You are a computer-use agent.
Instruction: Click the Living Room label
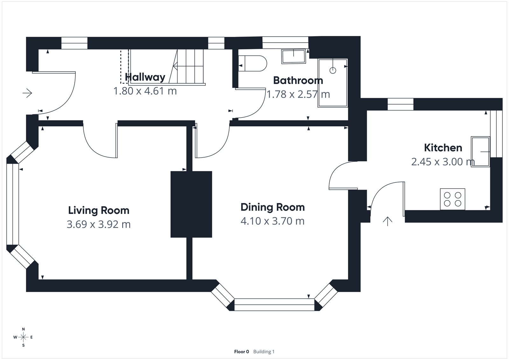(99, 210)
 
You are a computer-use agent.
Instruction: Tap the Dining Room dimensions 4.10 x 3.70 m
(273, 221)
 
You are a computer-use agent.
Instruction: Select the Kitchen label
(443, 148)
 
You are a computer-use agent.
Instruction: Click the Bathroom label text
(298, 81)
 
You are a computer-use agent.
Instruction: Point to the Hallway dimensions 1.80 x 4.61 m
(145, 91)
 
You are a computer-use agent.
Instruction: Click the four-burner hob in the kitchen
(452, 199)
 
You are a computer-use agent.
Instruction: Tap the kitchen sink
(480, 152)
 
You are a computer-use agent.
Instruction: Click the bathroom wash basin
(293, 56)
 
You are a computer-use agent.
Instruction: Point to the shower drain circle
(333, 70)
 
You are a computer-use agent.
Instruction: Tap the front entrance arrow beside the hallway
(27, 93)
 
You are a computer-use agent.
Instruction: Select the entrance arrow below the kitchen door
(387, 221)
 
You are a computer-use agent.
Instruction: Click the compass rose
(23, 337)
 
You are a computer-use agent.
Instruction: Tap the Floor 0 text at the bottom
(241, 352)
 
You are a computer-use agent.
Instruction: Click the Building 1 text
(264, 352)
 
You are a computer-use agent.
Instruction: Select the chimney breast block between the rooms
(191, 204)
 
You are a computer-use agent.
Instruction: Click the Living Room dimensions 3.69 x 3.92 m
(99, 224)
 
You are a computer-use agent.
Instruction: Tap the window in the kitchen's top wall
(401, 104)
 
